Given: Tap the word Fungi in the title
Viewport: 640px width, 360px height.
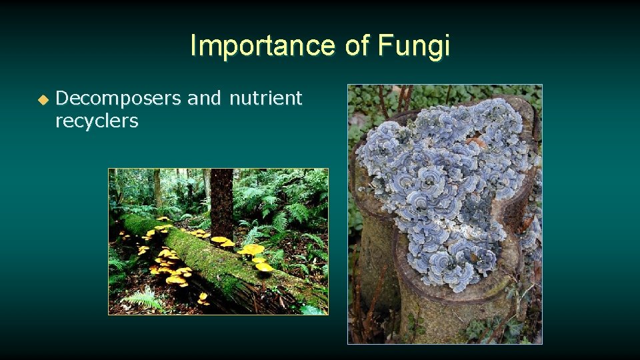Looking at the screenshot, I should click(413, 46).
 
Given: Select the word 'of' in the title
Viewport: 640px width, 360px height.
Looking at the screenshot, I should click(358, 46).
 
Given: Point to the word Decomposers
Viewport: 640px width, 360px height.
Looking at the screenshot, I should click(119, 99).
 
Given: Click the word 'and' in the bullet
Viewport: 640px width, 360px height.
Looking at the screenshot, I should click(204, 99).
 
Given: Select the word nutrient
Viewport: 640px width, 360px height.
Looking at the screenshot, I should click(265, 99).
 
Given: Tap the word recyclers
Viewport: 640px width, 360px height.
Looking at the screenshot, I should click(97, 121).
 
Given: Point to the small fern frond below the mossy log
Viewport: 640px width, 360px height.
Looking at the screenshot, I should click(143, 299).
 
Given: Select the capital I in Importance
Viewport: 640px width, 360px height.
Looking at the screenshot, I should click(193, 46).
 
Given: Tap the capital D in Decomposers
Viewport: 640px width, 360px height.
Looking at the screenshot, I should click(62, 99).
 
